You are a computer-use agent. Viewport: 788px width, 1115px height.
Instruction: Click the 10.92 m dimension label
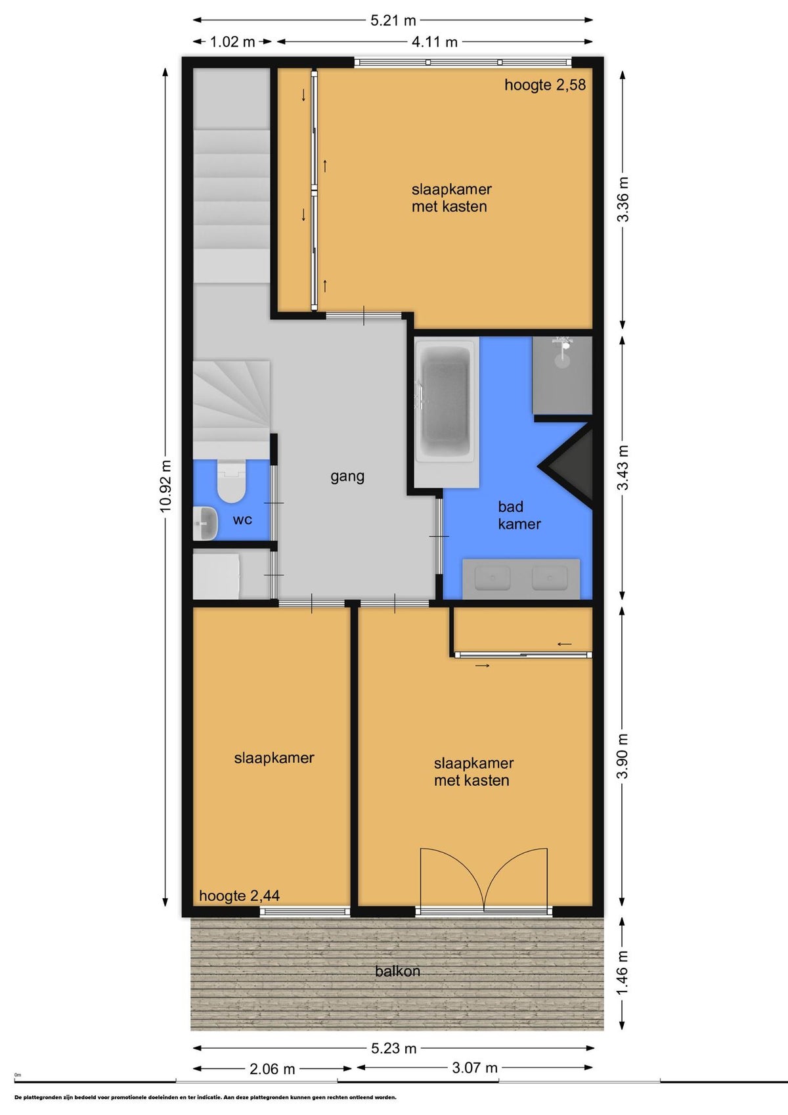[x=165, y=486]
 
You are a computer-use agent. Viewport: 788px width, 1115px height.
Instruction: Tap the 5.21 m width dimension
[x=393, y=20]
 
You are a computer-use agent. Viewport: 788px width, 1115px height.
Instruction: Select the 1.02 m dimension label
[x=232, y=42]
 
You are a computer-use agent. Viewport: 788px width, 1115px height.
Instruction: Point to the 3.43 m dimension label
[x=623, y=467]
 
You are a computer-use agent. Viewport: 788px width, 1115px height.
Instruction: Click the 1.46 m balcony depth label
[x=623, y=972]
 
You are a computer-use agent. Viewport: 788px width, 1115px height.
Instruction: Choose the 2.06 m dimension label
[x=272, y=1069]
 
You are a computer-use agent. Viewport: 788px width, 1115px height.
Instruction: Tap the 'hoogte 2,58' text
[x=545, y=85]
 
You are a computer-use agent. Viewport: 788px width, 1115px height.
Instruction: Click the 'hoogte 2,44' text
[x=239, y=896]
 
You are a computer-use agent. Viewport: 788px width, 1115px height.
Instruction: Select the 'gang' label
[x=347, y=476]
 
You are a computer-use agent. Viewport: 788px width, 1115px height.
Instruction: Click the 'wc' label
[x=242, y=520]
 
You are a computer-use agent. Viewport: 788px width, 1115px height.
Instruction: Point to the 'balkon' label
[x=397, y=971]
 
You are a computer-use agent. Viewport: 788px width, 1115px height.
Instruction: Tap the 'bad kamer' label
[x=519, y=515]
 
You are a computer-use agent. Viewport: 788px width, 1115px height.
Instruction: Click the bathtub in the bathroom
[x=446, y=401]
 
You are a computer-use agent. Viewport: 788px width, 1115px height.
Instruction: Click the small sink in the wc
[x=205, y=524]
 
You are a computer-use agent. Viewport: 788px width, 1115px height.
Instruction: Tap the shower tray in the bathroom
[x=562, y=375]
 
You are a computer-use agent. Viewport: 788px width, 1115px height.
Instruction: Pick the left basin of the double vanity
[x=492, y=578]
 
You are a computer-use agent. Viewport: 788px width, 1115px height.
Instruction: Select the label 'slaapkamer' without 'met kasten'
[x=274, y=758]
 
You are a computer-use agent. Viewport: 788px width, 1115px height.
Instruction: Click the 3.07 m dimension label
[x=474, y=1068]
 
